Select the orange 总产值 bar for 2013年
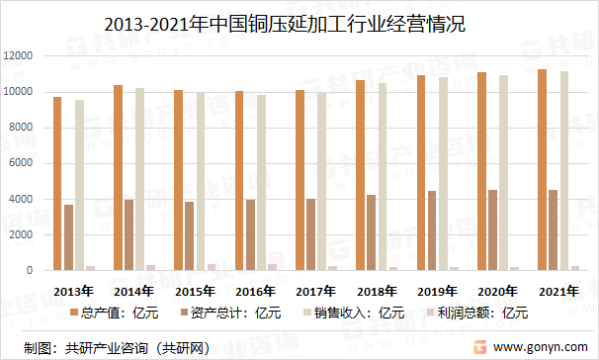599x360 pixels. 57,184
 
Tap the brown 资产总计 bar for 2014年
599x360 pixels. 128,234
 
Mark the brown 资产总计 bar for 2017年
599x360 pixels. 310,234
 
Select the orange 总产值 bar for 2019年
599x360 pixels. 420,173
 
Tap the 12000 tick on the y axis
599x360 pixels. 19,56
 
